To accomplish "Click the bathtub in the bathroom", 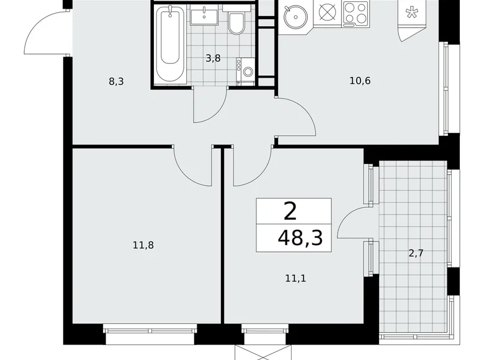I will [x=170, y=45].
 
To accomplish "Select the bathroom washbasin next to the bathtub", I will [x=203, y=16].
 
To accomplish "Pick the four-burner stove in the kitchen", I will [x=354, y=15].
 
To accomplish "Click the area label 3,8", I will [x=213, y=58].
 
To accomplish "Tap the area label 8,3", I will [x=116, y=81].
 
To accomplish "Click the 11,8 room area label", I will [x=143, y=245].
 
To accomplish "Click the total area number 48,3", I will [x=302, y=237].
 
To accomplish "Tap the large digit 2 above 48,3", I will [x=290, y=212].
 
